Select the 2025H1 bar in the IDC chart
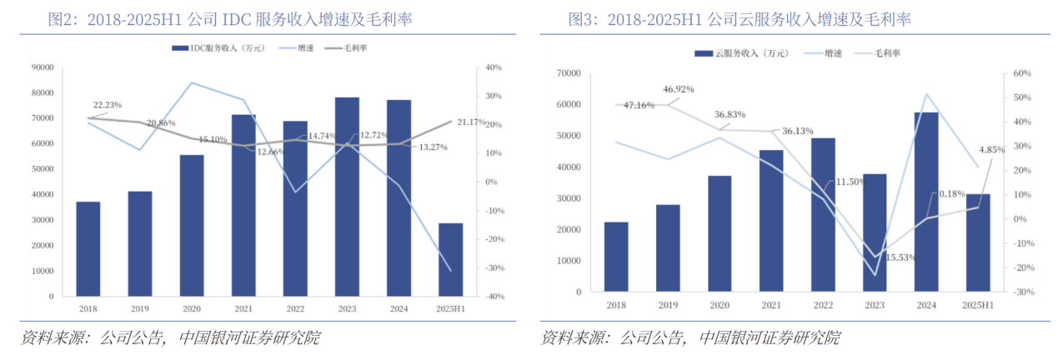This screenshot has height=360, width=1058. pos(450,259)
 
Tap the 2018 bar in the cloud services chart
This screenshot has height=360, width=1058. pos(616,258)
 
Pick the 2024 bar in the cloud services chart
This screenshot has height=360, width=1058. pos(926,203)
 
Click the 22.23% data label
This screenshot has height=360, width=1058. pos(108,105)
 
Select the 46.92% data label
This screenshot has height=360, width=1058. pos(679,89)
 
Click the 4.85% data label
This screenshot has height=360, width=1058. pos(991,150)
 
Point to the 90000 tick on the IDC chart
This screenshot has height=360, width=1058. pos(42,67)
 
